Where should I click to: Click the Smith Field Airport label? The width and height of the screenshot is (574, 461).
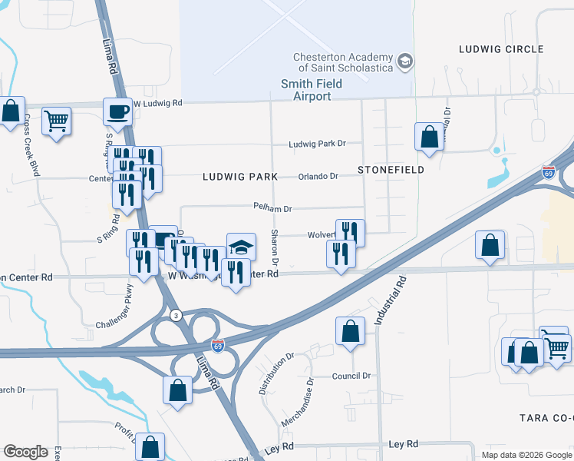(316, 90)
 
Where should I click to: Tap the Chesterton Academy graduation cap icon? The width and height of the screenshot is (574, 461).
(404, 60)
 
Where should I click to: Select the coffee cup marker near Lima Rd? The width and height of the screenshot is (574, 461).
(117, 112)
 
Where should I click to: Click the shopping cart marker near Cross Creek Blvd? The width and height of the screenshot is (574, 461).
(56, 121)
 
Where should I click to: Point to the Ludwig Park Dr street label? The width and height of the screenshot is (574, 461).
(318, 144)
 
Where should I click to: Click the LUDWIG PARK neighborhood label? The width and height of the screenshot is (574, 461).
(239, 177)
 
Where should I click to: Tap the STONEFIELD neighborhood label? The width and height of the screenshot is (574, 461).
(391, 170)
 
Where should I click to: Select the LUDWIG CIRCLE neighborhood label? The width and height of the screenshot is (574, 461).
(501, 49)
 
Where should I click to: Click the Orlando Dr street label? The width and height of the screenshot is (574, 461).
(318, 177)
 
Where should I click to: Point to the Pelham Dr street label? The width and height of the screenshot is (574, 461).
(274, 208)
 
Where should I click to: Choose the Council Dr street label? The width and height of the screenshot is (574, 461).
(351, 376)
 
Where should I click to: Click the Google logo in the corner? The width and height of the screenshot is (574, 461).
(26, 452)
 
